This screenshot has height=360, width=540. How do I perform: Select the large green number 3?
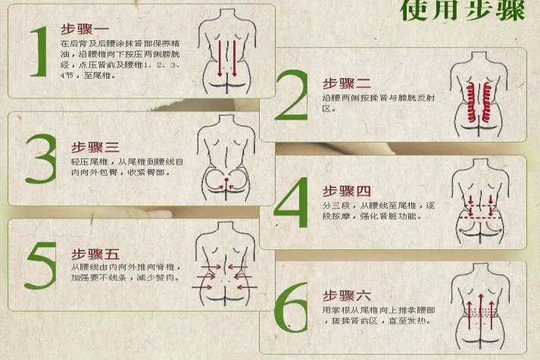tap(40, 159)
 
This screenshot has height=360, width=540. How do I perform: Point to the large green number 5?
tap(39, 265)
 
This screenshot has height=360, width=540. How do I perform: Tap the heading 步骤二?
tap(347, 83)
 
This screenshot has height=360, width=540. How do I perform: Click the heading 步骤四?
tap(347, 189)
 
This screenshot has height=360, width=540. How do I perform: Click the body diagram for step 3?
tap(225, 160)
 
